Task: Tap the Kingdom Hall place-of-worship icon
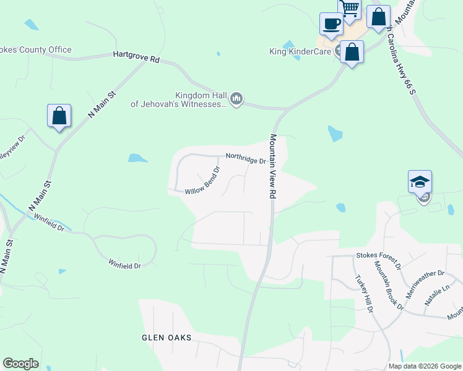click(236, 98)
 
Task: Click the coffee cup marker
click(332, 23)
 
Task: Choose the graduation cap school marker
click(420, 182)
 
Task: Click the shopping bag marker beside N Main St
click(59, 116)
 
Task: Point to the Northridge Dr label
click(246, 159)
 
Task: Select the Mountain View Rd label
click(272, 166)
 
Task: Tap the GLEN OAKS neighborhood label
click(167, 338)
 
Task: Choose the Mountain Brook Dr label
click(388, 285)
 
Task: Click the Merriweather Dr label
click(424, 273)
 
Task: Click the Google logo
click(20, 364)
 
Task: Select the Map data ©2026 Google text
click(425, 366)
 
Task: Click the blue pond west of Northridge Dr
click(137, 158)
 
